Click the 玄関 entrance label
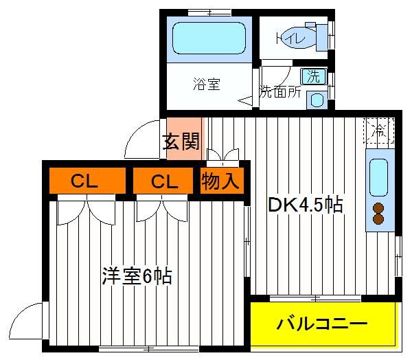[x=181, y=142]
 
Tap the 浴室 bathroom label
[x=207, y=84]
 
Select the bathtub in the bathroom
[x=209, y=38]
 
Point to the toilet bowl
[x=297, y=38]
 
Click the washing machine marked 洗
[x=314, y=76]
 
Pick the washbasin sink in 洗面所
[x=317, y=100]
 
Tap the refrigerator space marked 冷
[x=379, y=131]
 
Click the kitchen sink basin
[x=378, y=178]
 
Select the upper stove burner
[x=378, y=208]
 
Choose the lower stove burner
[x=378, y=219]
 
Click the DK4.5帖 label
[x=306, y=204]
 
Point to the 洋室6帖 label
[x=137, y=276]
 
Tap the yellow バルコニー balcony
[x=323, y=324]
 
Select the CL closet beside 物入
[x=163, y=181]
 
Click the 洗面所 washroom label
[x=280, y=92]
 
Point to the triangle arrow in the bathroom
[x=245, y=101]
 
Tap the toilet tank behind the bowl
[x=322, y=38]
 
